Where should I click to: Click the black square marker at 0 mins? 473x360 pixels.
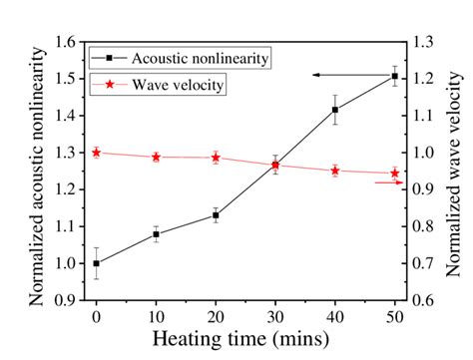tap(96, 263)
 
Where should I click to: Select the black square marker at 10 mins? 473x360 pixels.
tap(156, 234)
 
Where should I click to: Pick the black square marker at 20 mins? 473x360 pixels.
tap(216, 215)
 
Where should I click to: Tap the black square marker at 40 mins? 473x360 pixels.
tap(334, 110)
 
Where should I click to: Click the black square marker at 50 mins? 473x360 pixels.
tap(394, 77)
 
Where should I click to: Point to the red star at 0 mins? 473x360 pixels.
tap(96, 153)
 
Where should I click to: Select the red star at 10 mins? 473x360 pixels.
tap(156, 157)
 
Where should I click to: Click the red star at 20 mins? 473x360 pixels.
tap(216, 158)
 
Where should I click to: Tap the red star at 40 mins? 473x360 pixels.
tap(334, 171)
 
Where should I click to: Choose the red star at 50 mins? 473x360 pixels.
tap(394, 174)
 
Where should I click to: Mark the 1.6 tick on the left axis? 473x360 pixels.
tap(66, 42)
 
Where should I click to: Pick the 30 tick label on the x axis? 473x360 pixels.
tap(274, 316)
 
